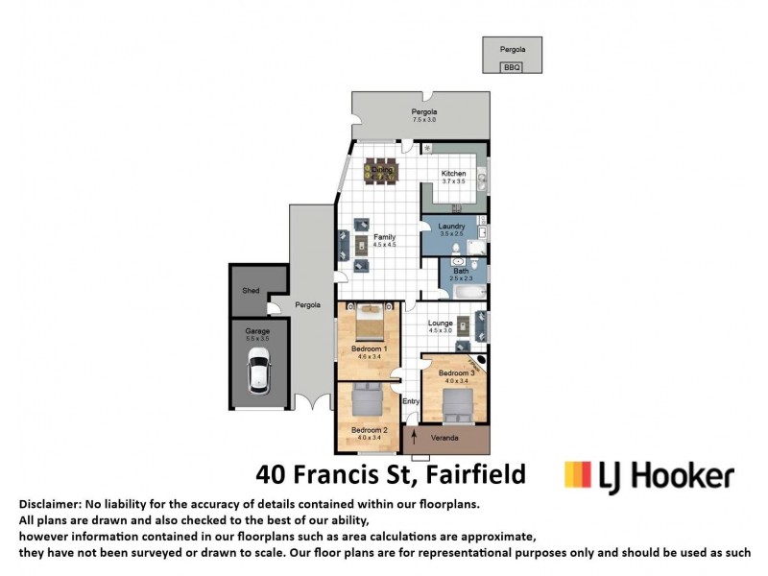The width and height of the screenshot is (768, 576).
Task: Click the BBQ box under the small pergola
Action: click(x=512, y=67)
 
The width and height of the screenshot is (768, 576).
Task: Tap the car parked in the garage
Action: click(x=258, y=372)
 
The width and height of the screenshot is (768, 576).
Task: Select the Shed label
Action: click(x=251, y=291)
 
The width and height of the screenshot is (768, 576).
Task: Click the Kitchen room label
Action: click(x=453, y=174)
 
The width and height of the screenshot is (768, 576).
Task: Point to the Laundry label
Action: click(x=451, y=226)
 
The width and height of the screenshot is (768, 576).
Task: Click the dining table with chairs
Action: click(x=382, y=171)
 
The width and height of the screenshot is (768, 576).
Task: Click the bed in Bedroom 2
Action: click(x=366, y=400)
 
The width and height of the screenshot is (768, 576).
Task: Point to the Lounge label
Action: click(x=441, y=324)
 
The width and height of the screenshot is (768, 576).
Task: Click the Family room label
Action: click(x=384, y=237)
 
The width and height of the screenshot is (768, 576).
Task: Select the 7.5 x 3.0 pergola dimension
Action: click(x=424, y=120)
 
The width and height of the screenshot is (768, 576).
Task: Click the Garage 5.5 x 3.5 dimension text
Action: click(x=257, y=338)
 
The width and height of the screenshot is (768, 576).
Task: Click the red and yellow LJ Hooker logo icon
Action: click(x=576, y=474)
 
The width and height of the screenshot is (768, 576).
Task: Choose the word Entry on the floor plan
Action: click(x=411, y=401)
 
